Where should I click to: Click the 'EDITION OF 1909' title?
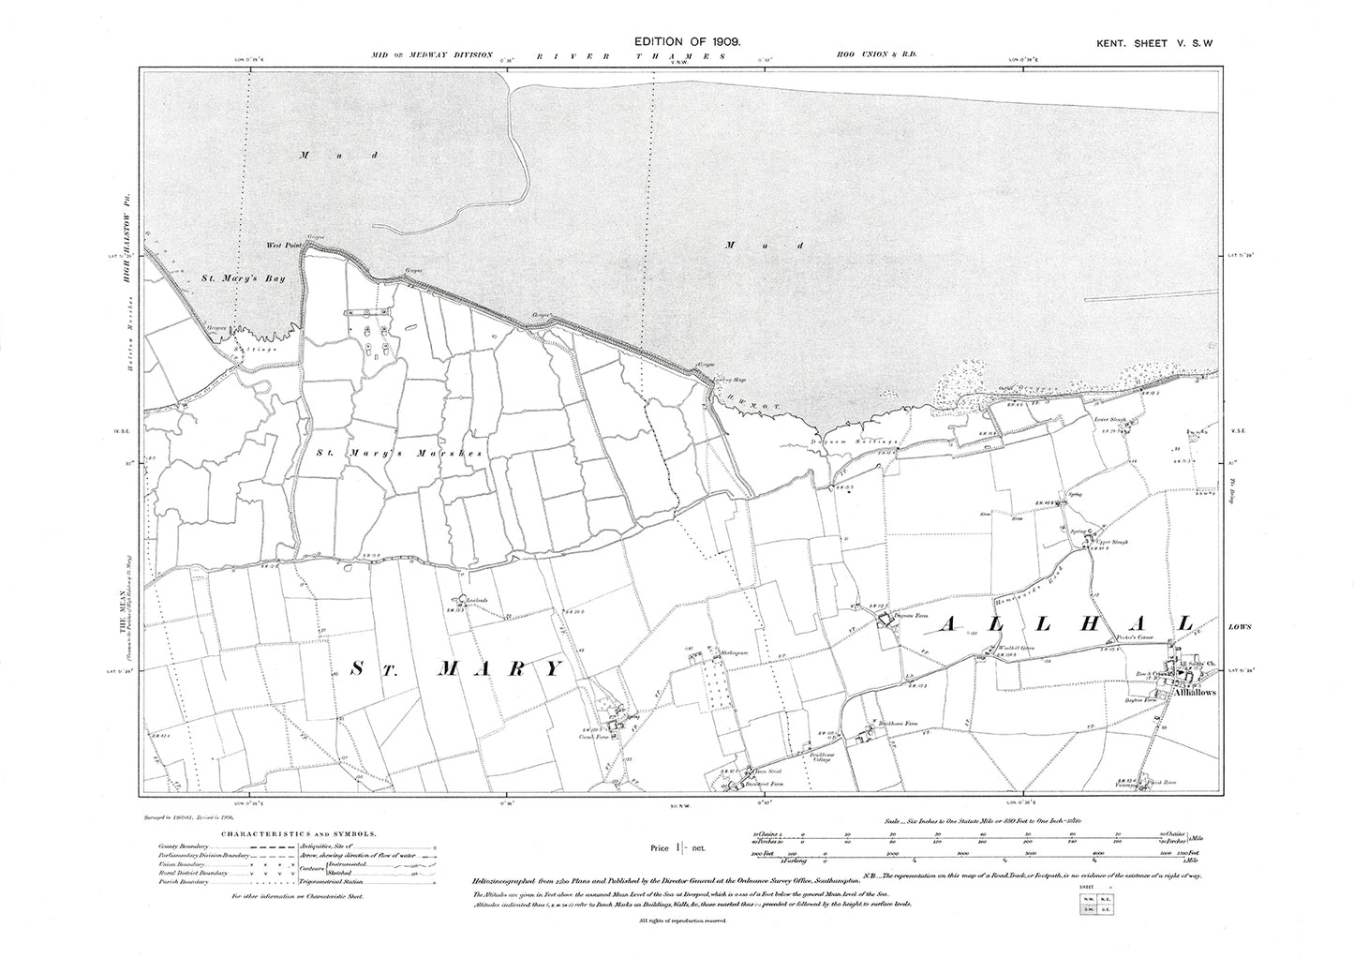[x=689, y=43]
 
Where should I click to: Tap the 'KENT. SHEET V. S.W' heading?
[x=1159, y=43]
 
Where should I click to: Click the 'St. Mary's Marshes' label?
[x=398, y=453]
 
